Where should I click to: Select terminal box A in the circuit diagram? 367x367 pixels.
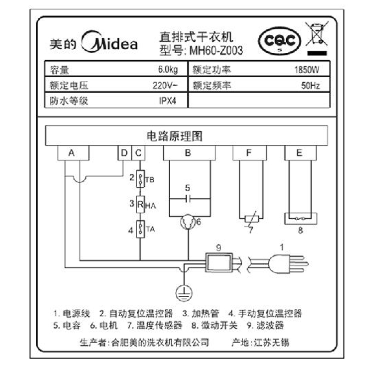click(71, 153)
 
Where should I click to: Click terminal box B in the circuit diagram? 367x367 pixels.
click(188, 153)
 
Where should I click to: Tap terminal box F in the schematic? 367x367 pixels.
click(249, 153)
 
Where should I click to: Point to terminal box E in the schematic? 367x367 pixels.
click(300, 153)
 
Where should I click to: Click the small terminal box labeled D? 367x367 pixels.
click(124, 153)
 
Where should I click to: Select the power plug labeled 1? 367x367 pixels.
click(280, 263)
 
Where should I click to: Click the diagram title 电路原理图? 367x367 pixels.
click(174, 136)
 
